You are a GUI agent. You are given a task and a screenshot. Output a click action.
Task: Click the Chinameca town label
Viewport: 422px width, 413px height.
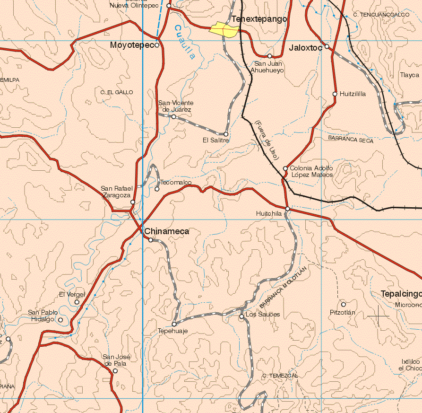[x=167, y=231]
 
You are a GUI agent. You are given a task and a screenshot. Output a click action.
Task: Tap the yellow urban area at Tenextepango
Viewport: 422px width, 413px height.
[x=224, y=30]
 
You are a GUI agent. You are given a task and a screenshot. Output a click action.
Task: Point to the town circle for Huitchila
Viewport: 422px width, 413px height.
[x=287, y=209]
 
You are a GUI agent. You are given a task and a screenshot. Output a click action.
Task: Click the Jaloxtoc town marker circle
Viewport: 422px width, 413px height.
[x=327, y=46]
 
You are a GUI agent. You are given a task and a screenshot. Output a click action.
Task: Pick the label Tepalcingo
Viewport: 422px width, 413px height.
[x=401, y=294]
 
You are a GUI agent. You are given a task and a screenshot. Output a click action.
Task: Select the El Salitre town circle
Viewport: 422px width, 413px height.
[x=226, y=134]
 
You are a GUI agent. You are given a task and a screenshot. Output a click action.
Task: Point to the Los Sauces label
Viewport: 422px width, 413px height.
[x=263, y=315]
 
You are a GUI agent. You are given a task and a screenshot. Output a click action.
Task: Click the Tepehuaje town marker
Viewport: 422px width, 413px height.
[x=174, y=324]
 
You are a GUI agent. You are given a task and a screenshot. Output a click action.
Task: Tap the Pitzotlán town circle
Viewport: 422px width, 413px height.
[x=344, y=304]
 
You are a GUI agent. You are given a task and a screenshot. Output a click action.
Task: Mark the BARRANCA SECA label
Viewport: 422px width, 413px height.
[x=350, y=140]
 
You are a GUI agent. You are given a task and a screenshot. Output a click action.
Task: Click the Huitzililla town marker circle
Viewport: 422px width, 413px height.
[x=335, y=94]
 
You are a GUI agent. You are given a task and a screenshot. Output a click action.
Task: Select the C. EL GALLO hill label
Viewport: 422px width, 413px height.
[x=117, y=92]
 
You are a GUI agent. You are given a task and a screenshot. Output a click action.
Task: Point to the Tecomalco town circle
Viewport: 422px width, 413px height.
[x=157, y=189]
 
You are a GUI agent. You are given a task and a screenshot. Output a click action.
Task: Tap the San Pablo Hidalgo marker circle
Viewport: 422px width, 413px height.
[x=60, y=320]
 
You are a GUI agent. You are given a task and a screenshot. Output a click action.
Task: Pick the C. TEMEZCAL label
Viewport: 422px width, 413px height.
[x=280, y=375]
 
